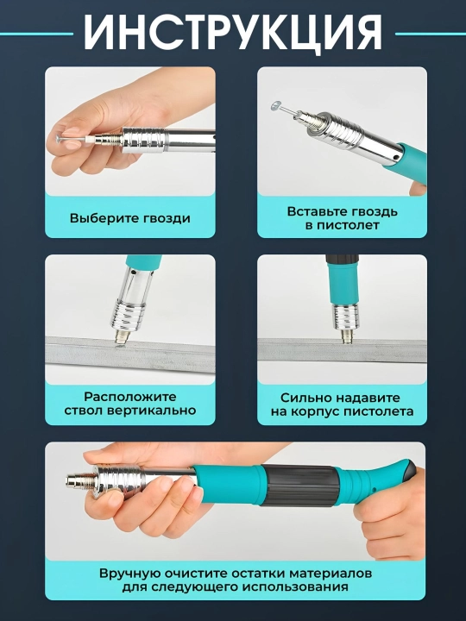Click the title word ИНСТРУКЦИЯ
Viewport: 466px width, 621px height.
click(233, 33)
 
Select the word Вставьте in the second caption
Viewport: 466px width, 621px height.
click(312, 211)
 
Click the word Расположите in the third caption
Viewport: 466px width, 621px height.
click(130, 397)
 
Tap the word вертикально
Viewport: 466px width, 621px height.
click(155, 411)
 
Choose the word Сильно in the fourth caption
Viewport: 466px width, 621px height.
click(302, 398)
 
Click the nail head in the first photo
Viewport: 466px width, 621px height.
click(59, 139)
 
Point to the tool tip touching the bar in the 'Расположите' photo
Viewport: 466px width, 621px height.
click(122, 340)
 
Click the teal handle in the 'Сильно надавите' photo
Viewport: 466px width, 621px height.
click(343, 280)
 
